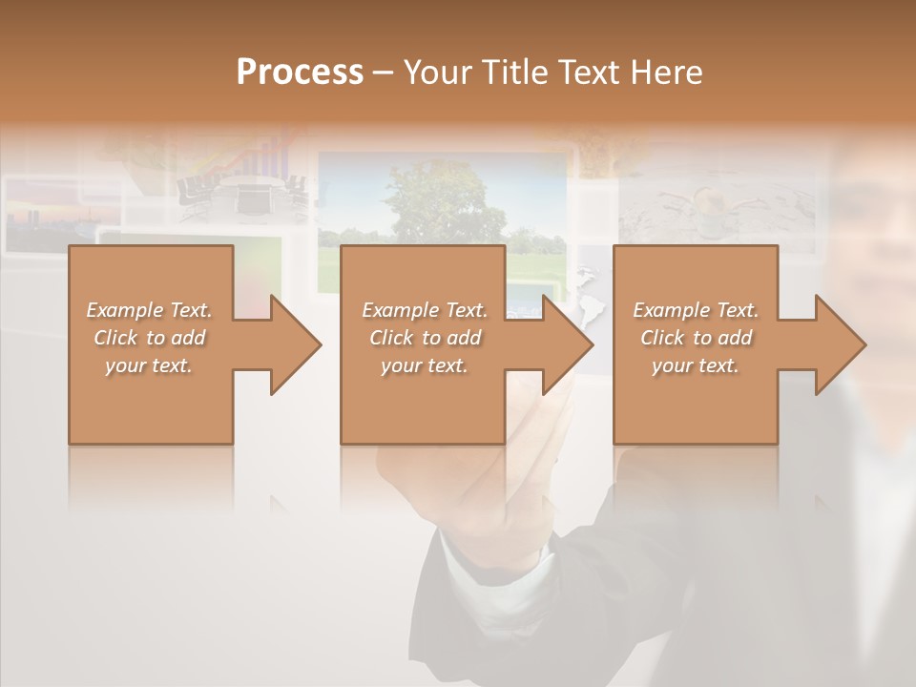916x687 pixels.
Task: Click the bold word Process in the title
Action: click(300, 72)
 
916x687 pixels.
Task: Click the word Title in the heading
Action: click(513, 72)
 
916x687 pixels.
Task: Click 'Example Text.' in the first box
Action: click(150, 310)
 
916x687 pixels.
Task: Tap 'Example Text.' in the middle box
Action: click(425, 310)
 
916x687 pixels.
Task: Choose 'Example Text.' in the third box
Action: click(696, 310)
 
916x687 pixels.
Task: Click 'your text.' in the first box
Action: click(150, 365)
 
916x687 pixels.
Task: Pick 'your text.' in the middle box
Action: click(425, 365)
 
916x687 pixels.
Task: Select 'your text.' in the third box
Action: click(696, 365)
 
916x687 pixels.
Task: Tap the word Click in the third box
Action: click(663, 338)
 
